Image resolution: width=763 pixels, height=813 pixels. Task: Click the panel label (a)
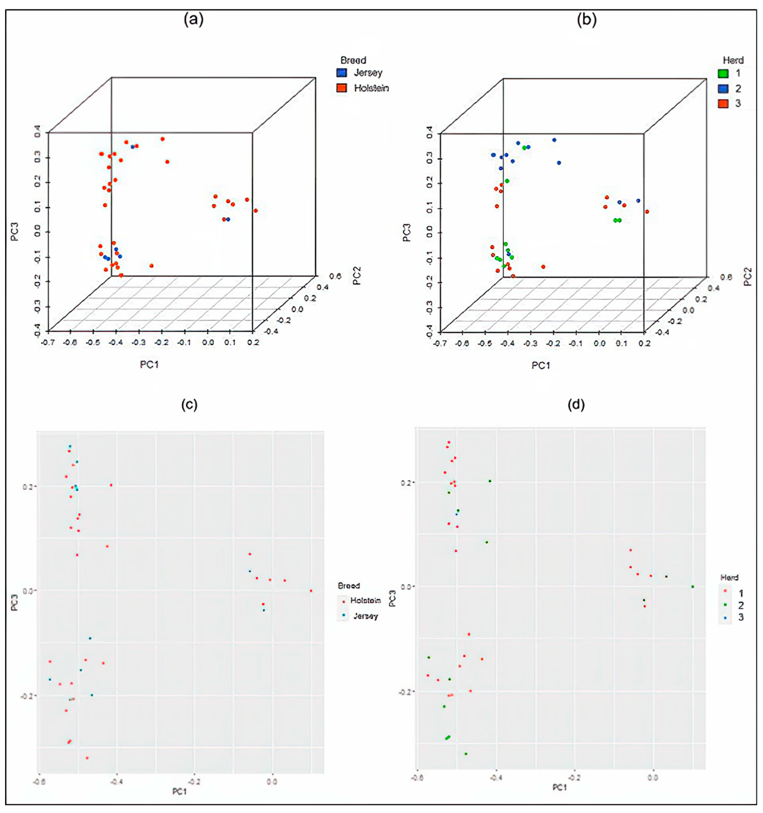pyautogui.click(x=193, y=19)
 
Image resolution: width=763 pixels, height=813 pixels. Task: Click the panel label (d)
pyautogui.click(x=576, y=404)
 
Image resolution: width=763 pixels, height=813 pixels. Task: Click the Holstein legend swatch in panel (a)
pyautogui.click(x=342, y=88)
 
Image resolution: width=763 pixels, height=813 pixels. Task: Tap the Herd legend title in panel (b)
pyautogui.click(x=733, y=60)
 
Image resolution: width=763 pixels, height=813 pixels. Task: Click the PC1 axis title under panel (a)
pyautogui.click(x=149, y=364)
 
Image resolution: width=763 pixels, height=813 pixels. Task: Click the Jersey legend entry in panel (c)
pyautogui.click(x=365, y=616)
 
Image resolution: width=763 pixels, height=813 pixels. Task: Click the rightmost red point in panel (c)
pyautogui.click(x=311, y=590)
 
